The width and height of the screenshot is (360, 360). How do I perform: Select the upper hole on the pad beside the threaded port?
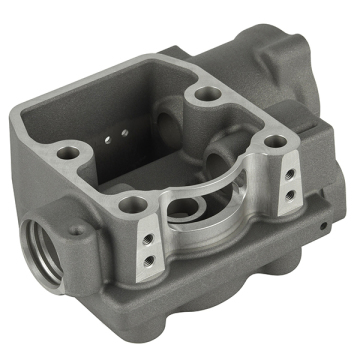146,237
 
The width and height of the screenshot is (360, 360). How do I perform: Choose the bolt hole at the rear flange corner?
208,93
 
